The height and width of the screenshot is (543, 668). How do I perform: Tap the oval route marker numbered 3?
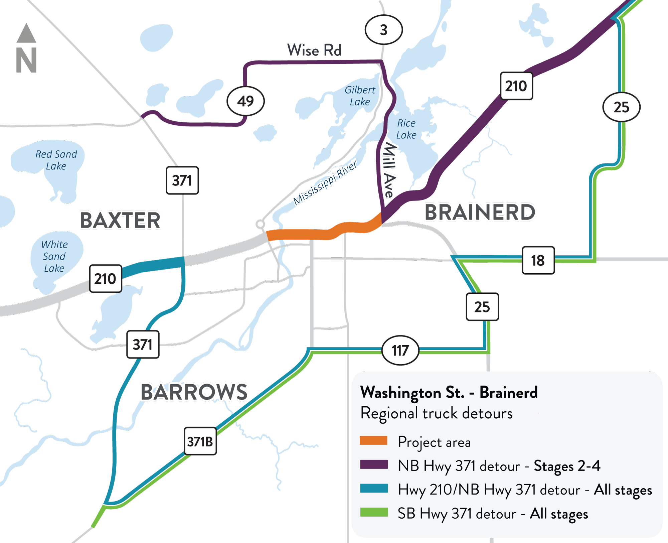(x=383, y=30)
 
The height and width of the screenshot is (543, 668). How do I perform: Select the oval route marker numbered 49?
(x=245, y=101)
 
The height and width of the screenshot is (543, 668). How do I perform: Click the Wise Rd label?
(x=314, y=50)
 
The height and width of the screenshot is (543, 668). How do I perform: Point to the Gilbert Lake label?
(x=360, y=96)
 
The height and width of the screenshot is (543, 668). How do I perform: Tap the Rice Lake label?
(x=406, y=129)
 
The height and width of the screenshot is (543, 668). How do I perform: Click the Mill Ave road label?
(x=389, y=170)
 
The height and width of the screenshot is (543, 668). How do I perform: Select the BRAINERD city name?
(x=480, y=213)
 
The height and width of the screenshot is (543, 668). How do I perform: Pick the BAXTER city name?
(x=120, y=221)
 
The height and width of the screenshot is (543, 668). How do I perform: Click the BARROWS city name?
(x=194, y=392)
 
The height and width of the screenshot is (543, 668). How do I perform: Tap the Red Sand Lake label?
(x=56, y=160)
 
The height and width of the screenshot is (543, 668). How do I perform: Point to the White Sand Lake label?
(x=54, y=256)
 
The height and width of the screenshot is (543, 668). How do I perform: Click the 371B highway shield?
(x=200, y=441)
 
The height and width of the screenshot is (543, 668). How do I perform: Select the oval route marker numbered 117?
(x=400, y=351)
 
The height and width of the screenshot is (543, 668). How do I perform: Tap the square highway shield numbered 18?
(x=538, y=260)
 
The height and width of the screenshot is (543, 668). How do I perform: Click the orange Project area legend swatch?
(x=373, y=440)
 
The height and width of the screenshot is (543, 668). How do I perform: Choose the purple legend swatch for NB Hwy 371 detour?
(x=373, y=464)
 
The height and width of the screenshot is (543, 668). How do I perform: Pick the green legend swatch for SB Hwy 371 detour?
(x=373, y=512)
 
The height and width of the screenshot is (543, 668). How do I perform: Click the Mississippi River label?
(x=325, y=183)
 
